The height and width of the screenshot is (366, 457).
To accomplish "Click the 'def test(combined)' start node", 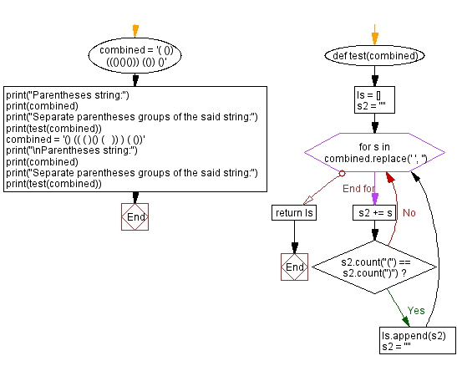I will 373,56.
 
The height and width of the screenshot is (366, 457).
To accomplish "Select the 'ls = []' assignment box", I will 373,100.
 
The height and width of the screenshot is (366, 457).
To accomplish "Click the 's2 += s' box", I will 373,213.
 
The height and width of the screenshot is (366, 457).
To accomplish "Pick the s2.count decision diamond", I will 373,268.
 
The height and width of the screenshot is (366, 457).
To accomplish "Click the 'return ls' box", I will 293,213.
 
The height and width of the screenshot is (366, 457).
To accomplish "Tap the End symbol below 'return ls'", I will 294,267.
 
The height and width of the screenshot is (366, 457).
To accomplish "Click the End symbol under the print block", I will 135,216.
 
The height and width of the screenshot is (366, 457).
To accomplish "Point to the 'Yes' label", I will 416,310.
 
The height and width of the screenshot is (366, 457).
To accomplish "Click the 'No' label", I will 409,212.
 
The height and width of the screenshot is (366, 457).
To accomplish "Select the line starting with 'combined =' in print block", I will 75,139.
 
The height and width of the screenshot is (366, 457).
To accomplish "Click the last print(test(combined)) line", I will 53,184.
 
